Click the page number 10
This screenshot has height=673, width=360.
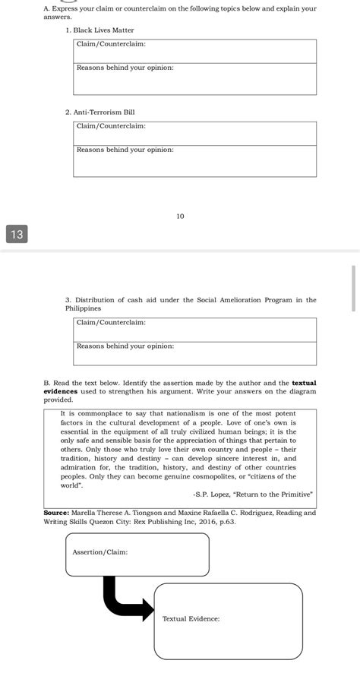pyautogui.click(x=180, y=216)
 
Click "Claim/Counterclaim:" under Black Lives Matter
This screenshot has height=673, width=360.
pyautogui.click(x=111, y=44)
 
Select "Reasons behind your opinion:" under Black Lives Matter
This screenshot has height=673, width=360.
pyautogui.click(x=125, y=68)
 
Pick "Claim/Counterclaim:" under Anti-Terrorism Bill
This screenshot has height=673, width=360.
pyautogui.click(x=111, y=126)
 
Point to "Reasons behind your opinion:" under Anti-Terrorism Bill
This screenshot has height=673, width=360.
pyautogui.click(x=125, y=150)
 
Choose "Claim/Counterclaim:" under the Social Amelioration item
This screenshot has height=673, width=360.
pyautogui.click(x=111, y=322)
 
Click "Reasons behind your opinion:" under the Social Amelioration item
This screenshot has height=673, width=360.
pyautogui.click(x=125, y=346)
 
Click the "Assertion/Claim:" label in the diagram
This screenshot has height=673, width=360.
pyautogui.click(x=100, y=551)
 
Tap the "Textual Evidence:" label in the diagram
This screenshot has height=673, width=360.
pyautogui.click(x=191, y=618)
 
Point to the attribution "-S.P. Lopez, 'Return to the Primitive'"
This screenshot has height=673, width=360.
pyautogui.click(x=252, y=494)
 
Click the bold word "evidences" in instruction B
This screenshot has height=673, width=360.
pyautogui.click(x=61, y=391)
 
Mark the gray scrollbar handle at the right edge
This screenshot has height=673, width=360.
pyautogui.click(x=353, y=288)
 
